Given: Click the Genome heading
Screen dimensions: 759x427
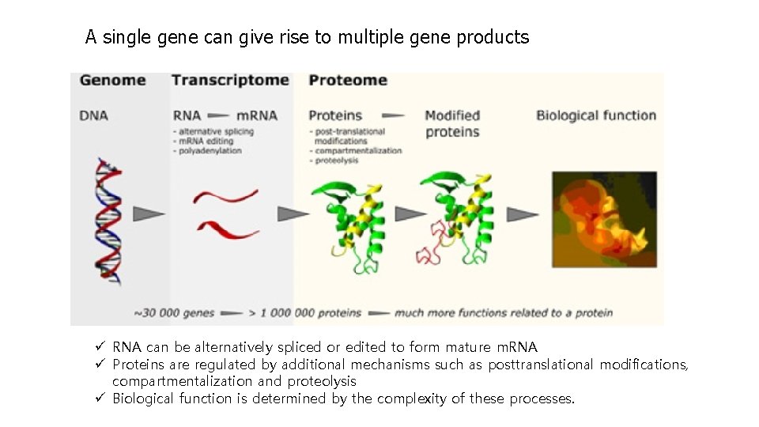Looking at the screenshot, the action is [x=113, y=80].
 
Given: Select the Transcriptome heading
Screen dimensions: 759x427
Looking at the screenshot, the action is [x=230, y=80].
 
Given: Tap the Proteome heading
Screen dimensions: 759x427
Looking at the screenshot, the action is [x=348, y=80].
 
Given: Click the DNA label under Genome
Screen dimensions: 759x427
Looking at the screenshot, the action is [x=93, y=115].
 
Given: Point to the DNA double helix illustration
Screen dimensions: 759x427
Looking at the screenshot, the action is [x=108, y=221].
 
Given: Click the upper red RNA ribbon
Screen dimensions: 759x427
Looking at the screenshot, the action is [x=226, y=195].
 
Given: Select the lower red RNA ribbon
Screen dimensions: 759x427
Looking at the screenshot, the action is [x=228, y=229].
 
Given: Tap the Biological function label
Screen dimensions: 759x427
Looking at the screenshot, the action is [x=596, y=115].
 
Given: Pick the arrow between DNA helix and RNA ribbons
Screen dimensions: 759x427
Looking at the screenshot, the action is [x=149, y=213].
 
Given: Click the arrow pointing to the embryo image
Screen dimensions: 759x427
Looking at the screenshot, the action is [x=522, y=213].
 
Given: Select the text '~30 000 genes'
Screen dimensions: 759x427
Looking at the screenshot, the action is [x=174, y=312].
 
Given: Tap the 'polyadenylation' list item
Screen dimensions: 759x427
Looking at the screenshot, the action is [x=207, y=150].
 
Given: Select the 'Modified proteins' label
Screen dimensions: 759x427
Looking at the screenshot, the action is [x=452, y=123].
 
